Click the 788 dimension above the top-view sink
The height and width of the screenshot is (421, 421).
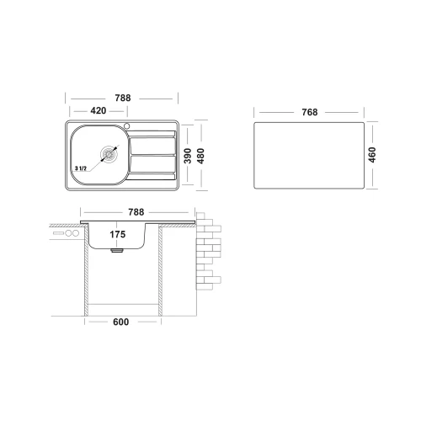[x=123, y=98]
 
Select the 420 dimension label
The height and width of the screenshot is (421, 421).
[x=99, y=110]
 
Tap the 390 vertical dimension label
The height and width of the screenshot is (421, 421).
[x=188, y=156]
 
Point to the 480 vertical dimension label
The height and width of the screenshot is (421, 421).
[x=200, y=156]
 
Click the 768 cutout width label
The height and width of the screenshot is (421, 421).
[x=310, y=112]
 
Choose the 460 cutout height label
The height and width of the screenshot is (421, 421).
[x=372, y=155]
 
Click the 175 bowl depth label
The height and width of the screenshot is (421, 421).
[x=118, y=234]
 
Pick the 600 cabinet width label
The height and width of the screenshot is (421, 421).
[x=120, y=322]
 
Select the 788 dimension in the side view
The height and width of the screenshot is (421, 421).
[x=136, y=212]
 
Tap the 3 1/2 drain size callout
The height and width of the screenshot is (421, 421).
[x=81, y=168]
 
